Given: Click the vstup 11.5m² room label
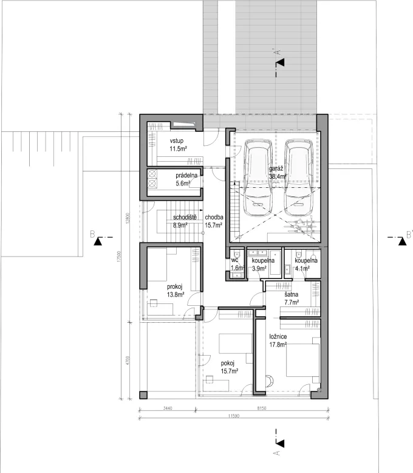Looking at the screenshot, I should (178, 145).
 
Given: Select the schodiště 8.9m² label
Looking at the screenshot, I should (183, 221).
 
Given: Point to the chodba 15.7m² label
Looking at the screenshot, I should (214, 221).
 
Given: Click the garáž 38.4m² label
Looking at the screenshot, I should (278, 173).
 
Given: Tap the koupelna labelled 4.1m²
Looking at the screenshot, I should (305, 264).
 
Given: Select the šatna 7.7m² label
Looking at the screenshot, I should (293, 297).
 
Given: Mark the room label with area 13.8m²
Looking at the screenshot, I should (175, 290).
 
